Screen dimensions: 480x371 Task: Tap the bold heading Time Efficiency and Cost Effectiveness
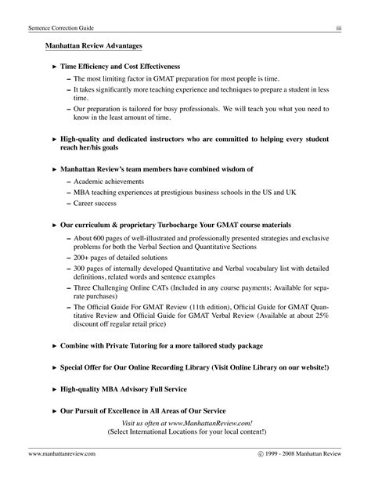click(120, 68)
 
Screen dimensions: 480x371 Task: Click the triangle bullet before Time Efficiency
click(54, 68)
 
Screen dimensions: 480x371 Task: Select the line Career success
click(95, 203)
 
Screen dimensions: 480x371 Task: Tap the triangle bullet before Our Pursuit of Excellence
click(54, 410)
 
